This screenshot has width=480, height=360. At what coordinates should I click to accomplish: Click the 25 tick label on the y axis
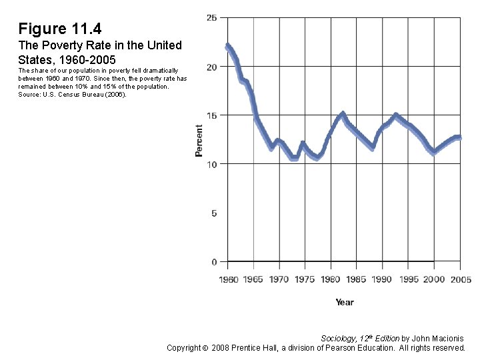click(x=211, y=17)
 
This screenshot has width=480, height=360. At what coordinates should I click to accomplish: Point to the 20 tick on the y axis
click(x=211, y=67)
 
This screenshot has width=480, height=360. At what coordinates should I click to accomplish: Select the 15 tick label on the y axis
click(x=211, y=115)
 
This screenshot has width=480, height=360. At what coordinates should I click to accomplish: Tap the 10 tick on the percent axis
click(x=211, y=164)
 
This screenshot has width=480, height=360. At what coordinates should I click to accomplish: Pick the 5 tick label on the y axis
click(x=214, y=213)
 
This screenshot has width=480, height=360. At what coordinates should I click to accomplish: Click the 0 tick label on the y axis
click(x=214, y=262)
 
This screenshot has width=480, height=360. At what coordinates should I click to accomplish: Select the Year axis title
click(x=344, y=302)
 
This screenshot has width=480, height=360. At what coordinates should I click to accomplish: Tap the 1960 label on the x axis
click(x=228, y=279)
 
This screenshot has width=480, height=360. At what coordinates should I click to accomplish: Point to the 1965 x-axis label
click(x=254, y=279)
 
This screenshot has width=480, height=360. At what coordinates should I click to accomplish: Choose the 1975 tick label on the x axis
click(x=305, y=279)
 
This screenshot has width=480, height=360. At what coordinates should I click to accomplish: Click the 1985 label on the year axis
click(x=356, y=279)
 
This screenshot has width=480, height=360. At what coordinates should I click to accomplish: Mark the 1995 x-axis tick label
click(x=407, y=279)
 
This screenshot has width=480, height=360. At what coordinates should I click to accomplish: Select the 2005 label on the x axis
click(x=459, y=279)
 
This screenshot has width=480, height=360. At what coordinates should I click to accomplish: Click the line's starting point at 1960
click(x=228, y=46)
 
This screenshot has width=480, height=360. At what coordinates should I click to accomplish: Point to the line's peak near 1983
click(x=343, y=114)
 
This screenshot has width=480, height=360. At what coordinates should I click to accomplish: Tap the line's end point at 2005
click(x=459, y=138)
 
